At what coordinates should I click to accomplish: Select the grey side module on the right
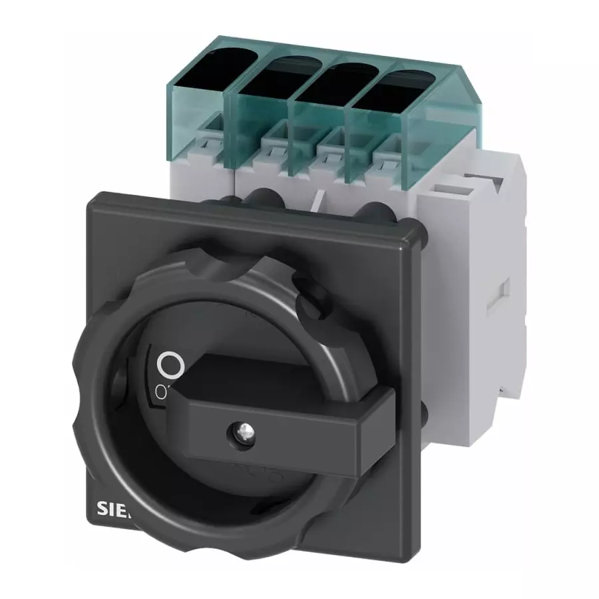pyautogui.click(x=466, y=266)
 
